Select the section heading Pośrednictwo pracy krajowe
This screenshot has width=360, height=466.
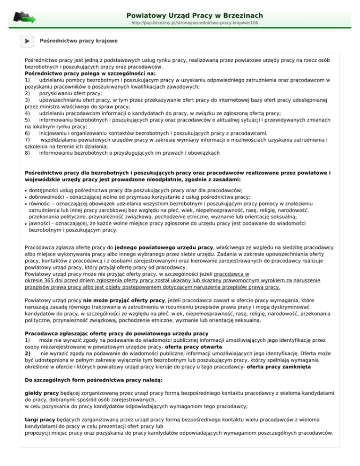[79, 41]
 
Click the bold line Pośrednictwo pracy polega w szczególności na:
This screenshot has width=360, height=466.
[91, 74]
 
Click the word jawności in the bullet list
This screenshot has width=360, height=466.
[41, 223]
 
